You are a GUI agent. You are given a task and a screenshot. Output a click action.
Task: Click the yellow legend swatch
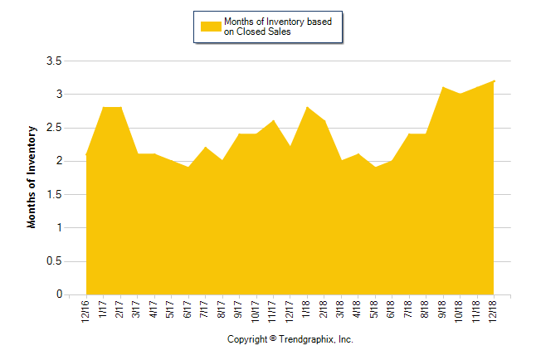click(x=211, y=27)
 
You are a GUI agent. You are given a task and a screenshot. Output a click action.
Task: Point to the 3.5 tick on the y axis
click(x=53, y=61)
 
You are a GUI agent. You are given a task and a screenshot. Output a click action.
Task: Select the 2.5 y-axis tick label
click(x=53, y=128)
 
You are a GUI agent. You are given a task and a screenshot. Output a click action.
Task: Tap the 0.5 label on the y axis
click(x=53, y=261)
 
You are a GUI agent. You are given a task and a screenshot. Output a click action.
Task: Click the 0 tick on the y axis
click(x=59, y=294)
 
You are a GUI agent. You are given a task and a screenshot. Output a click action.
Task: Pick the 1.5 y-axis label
click(x=53, y=195)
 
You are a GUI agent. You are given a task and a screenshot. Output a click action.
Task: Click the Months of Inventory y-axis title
click(x=32, y=177)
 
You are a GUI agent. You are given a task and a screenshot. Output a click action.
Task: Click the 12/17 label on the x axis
click(x=290, y=311)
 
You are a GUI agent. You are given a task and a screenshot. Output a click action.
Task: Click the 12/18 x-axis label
click(x=494, y=311)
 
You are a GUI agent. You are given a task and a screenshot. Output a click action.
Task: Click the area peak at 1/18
click(x=308, y=107)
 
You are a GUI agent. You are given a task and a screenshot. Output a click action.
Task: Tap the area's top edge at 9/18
click(x=443, y=87)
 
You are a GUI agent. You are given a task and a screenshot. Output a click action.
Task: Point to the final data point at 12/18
click(x=494, y=80)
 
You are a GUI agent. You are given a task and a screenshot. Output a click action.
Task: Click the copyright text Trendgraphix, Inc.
click(x=290, y=339)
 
